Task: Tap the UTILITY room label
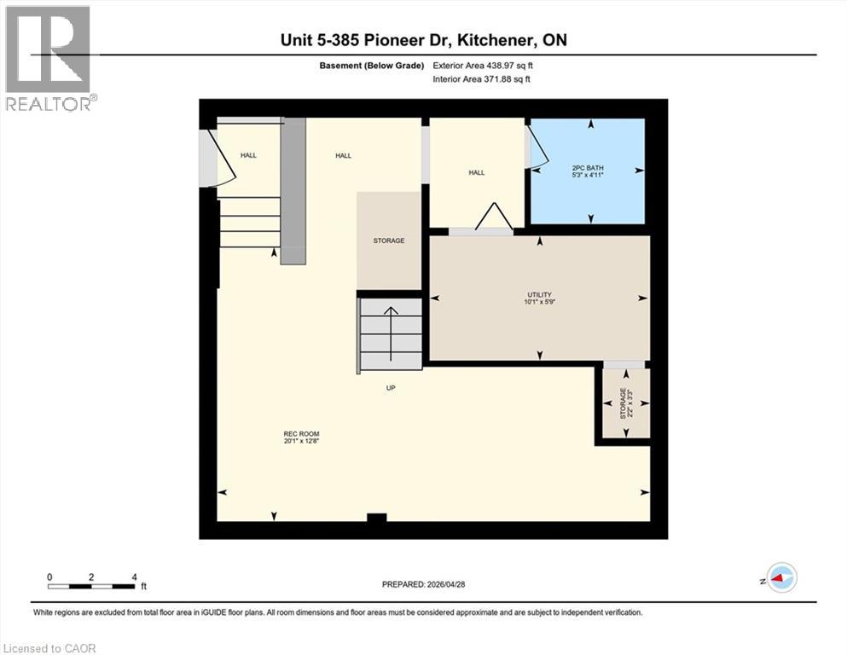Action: click(538, 295)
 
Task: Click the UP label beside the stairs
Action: click(391, 387)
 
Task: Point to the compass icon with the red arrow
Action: click(780, 578)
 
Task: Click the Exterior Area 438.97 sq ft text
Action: click(487, 65)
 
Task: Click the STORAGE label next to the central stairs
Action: click(389, 241)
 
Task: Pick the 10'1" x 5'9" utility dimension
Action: click(538, 302)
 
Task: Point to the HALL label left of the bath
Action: click(476, 172)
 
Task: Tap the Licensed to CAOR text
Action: click(49, 648)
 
